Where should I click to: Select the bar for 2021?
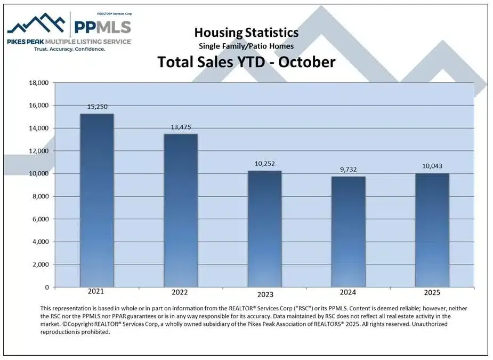point(96,201)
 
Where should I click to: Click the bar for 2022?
point(180,211)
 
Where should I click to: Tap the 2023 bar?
point(264,229)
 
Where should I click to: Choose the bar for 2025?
point(432,230)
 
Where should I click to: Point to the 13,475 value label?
point(180,127)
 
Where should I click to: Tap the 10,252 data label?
point(264,164)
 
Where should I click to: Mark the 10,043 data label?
point(432,166)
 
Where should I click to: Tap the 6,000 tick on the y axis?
point(39,219)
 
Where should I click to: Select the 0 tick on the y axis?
point(46,287)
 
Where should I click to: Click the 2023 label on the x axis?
point(265,294)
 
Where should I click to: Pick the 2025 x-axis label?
point(432,293)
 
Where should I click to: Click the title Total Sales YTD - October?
point(246,62)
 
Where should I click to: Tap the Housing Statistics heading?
point(246,33)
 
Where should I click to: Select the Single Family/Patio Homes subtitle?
point(246,46)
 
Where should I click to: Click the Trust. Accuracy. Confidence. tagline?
point(69,49)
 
